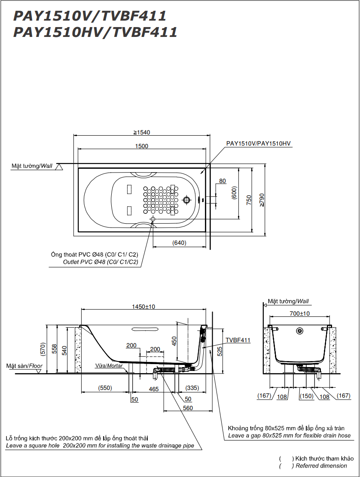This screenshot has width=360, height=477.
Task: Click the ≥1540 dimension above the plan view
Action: pyautogui.click(x=141, y=132)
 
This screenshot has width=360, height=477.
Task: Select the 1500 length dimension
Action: pyautogui.click(x=141, y=146)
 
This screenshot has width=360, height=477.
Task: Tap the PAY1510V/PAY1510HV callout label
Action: pyautogui.click(x=259, y=144)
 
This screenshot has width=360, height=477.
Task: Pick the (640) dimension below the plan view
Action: pyautogui.click(x=179, y=243)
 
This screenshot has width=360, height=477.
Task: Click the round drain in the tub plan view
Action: pyautogui.click(x=186, y=200)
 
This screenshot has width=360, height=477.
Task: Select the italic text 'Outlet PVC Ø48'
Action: pyautogui.click(x=101, y=262)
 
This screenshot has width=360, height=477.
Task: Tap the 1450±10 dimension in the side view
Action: pyautogui.click(x=143, y=307)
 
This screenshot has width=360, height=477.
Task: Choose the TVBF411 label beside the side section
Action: pyautogui.click(x=239, y=340)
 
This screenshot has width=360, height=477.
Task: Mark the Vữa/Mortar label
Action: pyautogui.click(x=109, y=366)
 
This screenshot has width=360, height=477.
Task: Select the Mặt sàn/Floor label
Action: pyautogui.click(x=24, y=366)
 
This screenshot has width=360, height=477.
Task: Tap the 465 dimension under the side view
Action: pyautogui.click(x=154, y=389)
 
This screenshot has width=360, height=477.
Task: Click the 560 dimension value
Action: pyautogui.click(x=188, y=408)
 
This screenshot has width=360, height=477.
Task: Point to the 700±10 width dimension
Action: pyautogui.click(x=299, y=313)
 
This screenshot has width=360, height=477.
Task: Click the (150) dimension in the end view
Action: pyautogui.click(x=307, y=396)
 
